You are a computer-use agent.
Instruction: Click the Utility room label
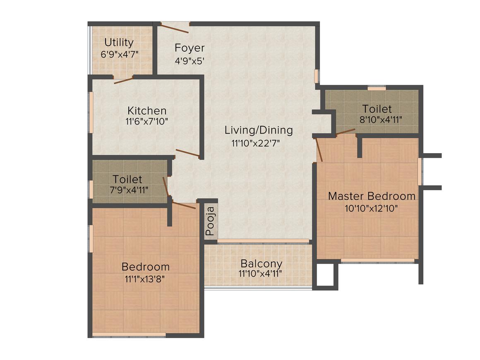[119, 43]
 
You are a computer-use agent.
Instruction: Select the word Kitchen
[147, 111]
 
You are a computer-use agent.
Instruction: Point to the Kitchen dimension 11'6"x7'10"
[147, 122]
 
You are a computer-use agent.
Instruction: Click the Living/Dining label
[259, 130]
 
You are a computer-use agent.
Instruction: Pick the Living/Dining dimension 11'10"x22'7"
[259, 144]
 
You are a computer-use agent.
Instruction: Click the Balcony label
[262, 264]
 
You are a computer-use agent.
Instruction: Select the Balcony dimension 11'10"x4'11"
[262, 274]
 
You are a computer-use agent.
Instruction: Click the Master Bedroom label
[372, 196]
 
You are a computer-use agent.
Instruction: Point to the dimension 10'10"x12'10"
[372, 208]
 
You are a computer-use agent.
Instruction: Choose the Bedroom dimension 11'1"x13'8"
[145, 279]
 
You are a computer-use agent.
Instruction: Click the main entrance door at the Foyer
[175, 29]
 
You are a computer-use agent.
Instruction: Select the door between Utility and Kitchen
[123, 80]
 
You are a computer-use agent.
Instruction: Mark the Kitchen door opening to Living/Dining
[188, 153]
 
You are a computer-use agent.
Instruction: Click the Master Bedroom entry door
[319, 149]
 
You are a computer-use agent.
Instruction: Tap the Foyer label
[190, 47]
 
